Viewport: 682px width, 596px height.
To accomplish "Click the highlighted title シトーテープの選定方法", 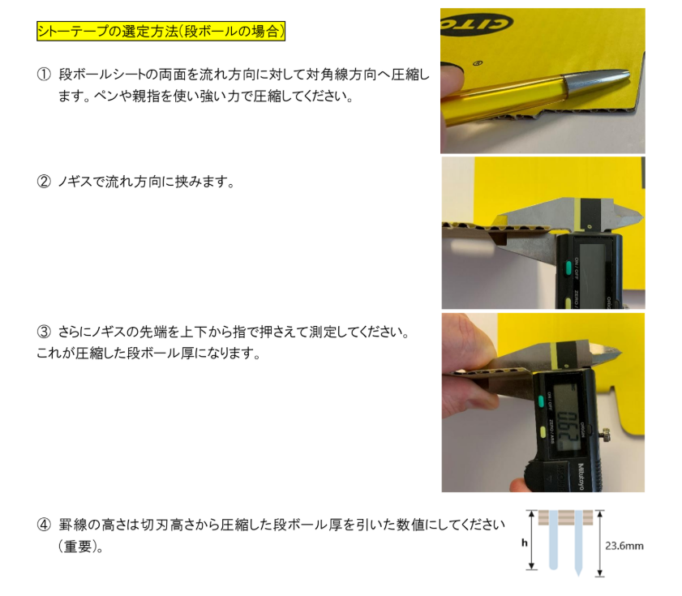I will pos(161,32).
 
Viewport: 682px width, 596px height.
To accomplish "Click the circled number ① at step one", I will pos(44,74).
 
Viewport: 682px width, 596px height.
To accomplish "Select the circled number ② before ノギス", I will pos(44,182).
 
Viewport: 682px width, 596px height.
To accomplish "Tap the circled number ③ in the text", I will pos(44,332).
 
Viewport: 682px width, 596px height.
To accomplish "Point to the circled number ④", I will pos(44,525).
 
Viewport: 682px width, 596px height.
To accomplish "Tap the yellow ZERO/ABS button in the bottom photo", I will pos(541,431).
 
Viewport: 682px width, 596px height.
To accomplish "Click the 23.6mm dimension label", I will pos(624,546).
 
